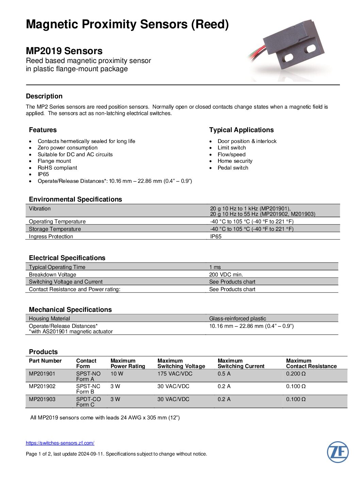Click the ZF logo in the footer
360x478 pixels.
[x=338, y=452]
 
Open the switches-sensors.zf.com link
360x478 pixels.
[x=60, y=443]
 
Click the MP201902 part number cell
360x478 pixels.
[x=42, y=386]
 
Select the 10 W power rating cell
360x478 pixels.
[x=117, y=374]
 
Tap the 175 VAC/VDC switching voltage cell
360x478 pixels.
[x=175, y=374]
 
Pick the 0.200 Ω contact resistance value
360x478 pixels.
[x=296, y=374]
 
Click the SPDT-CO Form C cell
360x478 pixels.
[x=88, y=402]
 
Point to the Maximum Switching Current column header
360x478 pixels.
[x=241, y=364]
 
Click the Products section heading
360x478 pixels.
[x=43, y=352]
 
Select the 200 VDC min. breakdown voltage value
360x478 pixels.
[x=226, y=274]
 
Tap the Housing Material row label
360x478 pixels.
[x=49, y=319]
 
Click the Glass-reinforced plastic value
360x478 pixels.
[x=238, y=319]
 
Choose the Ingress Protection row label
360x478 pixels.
[x=51, y=237]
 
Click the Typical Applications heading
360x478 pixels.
[x=241, y=130]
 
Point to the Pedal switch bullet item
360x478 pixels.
[x=233, y=168]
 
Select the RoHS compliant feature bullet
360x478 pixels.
[x=57, y=168]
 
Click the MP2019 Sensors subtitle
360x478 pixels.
[x=64, y=51]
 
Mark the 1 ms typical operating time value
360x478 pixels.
[x=215, y=267]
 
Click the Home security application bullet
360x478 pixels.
[x=235, y=161]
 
